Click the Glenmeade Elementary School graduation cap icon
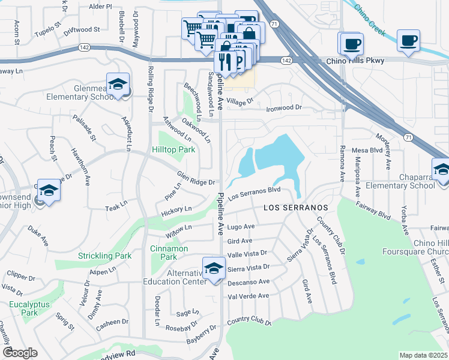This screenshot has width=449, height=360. [x=118, y=85]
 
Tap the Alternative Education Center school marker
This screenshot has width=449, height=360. [x=213, y=269]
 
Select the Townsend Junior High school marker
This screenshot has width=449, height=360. [x=49, y=191]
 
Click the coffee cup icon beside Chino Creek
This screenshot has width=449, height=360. [x=408, y=41]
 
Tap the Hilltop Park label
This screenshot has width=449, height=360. [x=173, y=150]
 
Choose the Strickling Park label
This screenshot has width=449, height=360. [x=104, y=256]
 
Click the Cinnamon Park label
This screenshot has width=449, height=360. [x=169, y=253]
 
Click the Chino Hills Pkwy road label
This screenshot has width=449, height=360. [x=355, y=61]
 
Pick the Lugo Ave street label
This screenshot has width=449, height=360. [x=241, y=227]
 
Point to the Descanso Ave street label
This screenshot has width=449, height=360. [x=249, y=281]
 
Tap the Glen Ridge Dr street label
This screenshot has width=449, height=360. [x=196, y=178]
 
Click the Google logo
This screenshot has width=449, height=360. [x=19, y=353]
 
